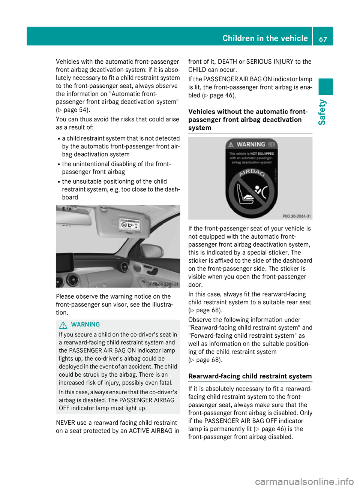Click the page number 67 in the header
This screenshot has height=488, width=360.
[x=323, y=39]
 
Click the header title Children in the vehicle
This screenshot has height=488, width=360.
[x=265, y=38]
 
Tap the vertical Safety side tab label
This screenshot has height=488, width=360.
[x=322, y=112]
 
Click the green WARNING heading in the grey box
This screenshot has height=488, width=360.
[x=85, y=325]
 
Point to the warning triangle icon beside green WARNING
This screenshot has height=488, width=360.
[x=63, y=325]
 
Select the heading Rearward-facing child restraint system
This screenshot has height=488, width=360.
[x=250, y=376]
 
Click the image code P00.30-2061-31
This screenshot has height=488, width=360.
[x=296, y=216]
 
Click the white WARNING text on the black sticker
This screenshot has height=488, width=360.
[x=251, y=144]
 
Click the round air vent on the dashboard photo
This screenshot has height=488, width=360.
[x=123, y=267]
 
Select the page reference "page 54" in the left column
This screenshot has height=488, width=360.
[x=76, y=110]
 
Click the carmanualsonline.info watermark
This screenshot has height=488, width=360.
[x=304, y=481]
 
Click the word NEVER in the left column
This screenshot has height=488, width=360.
[x=65, y=423]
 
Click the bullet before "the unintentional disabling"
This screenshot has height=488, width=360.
[x=59, y=164]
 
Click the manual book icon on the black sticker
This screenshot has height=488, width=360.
[x=271, y=144]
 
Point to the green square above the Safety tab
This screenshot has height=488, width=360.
[x=326, y=87]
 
